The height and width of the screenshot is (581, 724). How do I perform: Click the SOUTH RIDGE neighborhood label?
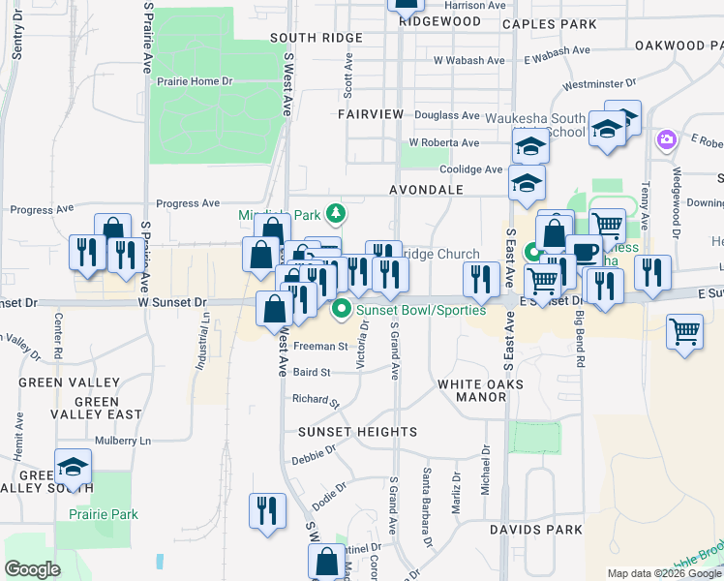pos(316,38)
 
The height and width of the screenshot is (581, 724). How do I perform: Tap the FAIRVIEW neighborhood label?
pos(371,114)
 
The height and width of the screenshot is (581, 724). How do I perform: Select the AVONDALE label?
pos(426,191)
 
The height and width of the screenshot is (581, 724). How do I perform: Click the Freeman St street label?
pos(319,346)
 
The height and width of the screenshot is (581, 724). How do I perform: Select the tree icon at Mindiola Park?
pos(336,212)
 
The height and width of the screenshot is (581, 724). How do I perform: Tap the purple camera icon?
pos(666,141)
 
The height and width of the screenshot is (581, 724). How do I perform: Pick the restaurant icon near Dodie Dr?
pos(266,509)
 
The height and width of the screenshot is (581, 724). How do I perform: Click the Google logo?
pos(33,569)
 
